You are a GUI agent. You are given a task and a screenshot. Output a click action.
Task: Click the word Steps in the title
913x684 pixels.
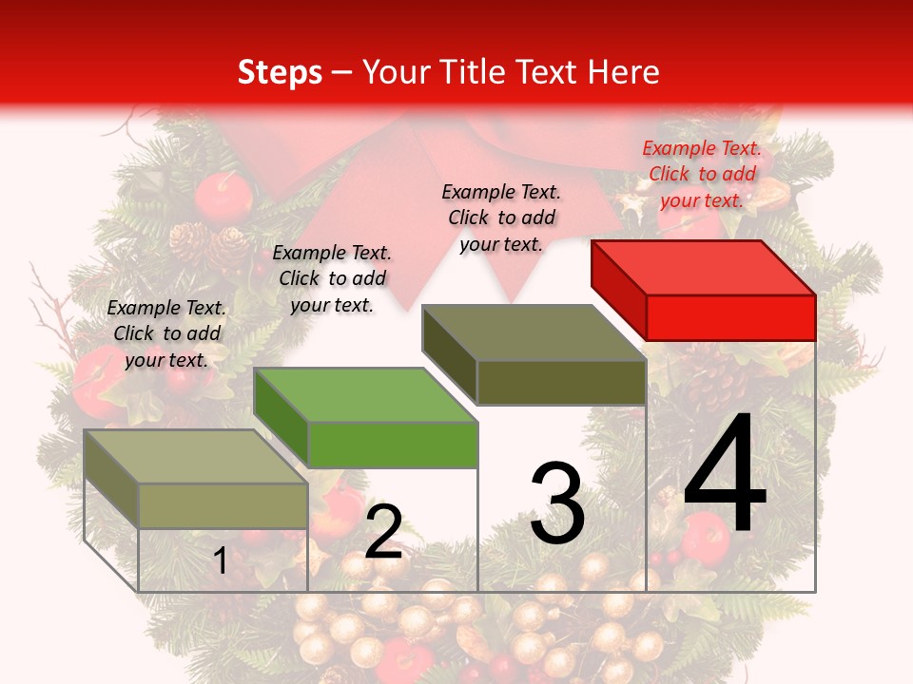click(280, 72)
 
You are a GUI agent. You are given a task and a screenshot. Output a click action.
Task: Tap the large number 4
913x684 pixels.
click(726, 475)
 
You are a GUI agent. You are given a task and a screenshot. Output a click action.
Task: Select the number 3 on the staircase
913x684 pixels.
click(557, 503)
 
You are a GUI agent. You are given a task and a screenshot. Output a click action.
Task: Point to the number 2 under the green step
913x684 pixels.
click(383, 532)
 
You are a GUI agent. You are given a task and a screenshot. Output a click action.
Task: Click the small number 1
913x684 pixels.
click(220, 561)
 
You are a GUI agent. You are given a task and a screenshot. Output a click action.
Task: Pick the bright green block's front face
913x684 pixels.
click(393, 445)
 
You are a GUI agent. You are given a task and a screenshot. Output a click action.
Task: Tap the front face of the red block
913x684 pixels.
click(730, 317)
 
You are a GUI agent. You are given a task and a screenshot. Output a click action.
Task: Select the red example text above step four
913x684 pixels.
click(702, 174)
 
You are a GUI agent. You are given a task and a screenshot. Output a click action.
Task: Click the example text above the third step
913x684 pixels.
click(501, 218)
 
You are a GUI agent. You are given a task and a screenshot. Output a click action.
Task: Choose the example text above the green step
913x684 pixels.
click(332, 278)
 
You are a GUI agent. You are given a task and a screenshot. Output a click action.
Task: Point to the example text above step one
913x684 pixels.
click(166, 333)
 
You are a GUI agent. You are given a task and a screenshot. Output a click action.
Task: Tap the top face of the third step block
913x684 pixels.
click(534, 332)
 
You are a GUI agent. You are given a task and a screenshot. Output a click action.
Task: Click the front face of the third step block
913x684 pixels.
click(561, 382)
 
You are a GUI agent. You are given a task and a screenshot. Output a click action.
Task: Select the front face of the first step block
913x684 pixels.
click(223, 505)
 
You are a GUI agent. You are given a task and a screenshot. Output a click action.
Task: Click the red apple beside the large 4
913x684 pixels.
click(706, 537)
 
